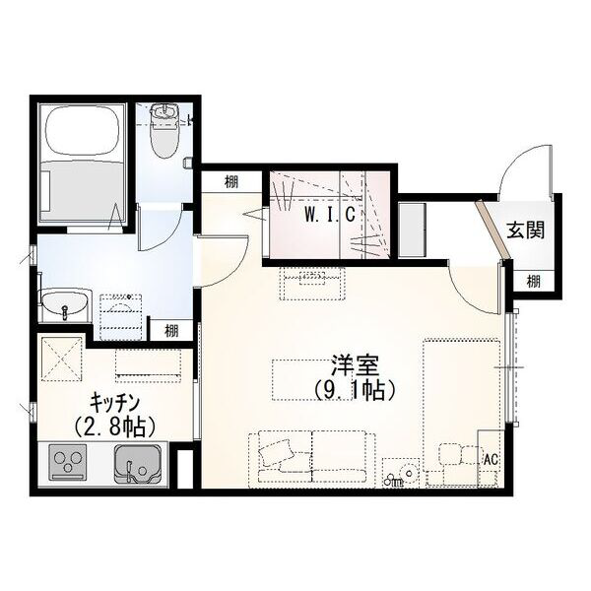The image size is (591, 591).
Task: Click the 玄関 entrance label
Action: pyautogui.click(x=526, y=230)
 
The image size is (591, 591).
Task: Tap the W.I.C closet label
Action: pyautogui.click(x=330, y=215)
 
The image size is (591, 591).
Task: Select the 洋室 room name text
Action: pyautogui.click(x=355, y=365)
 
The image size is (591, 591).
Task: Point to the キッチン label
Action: pyautogui.click(x=114, y=403)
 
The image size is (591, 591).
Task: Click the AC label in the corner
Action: pyautogui.click(x=491, y=459)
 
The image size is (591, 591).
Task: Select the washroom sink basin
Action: pyautogui.click(x=65, y=305)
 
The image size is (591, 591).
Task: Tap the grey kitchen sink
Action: pyautogui.click(x=138, y=465)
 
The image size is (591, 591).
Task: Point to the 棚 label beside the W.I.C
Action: pyautogui.click(x=231, y=182)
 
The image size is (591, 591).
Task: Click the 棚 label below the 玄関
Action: pyautogui.click(x=533, y=281)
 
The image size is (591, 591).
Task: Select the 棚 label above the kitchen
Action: pyautogui.click(x=171, y=331)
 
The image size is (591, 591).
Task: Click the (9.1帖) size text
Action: pyautogui.click(x=355, y=390)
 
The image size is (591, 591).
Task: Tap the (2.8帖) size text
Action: pyautogui.click(x=114, y=427)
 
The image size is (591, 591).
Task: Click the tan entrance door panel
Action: pyautogui.click(x=492, y=230)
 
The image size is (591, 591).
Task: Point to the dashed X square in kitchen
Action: pyautogui.click(x=61, y=360)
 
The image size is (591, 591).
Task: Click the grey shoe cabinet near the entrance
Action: pyautogui.click(x=413, y=230)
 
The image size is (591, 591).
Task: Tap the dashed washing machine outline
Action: pyautogui.click(x=120, y=317)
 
